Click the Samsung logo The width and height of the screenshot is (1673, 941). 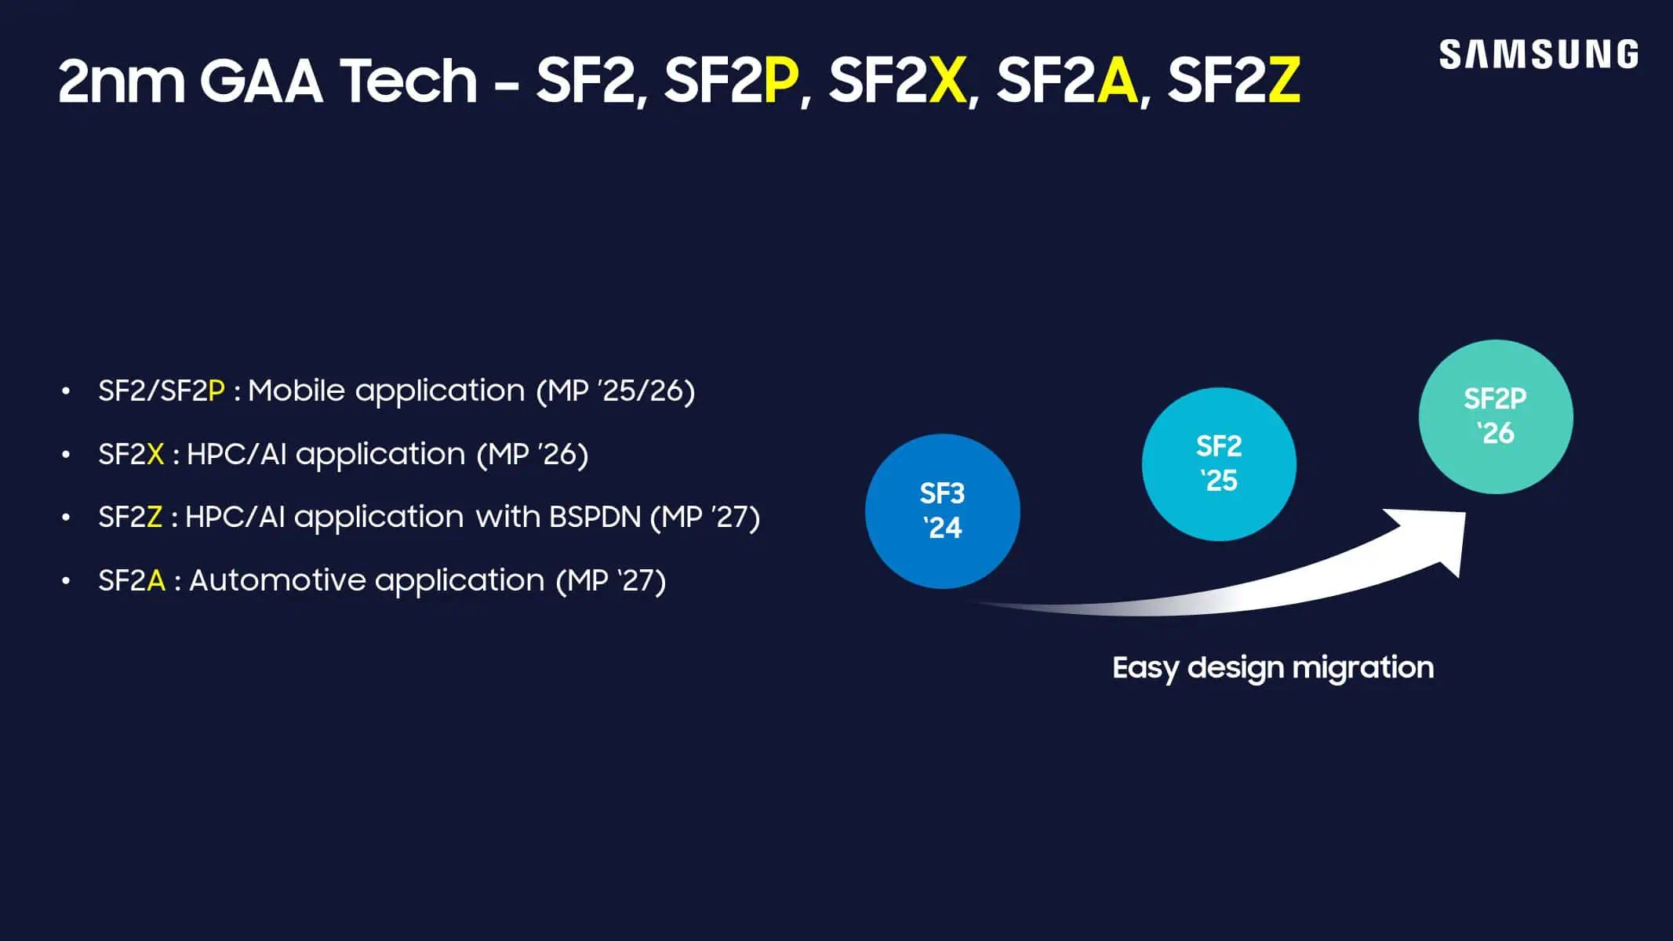(1538, 55)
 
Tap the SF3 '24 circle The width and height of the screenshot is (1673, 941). (942, 511)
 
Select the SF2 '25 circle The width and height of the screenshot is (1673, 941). (1219, 463)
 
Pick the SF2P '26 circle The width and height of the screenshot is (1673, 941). (1496, 416)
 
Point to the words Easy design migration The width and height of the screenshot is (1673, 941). (1272, 668)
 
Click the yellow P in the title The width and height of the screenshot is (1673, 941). (780, 81)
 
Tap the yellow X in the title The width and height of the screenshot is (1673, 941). (947, 81)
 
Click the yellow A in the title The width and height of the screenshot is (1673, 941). (1117, 81)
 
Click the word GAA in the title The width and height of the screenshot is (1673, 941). (261, 81)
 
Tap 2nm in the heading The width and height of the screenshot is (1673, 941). (121, 81)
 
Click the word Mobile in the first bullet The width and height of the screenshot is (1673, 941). (296, 391)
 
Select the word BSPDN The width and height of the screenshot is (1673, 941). (595, 518)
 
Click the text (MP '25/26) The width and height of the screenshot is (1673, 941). (616, 391)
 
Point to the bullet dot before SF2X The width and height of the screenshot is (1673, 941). (67, 455)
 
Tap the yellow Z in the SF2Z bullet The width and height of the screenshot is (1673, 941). (155, 518)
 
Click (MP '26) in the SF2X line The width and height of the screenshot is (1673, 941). (533, 455)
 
